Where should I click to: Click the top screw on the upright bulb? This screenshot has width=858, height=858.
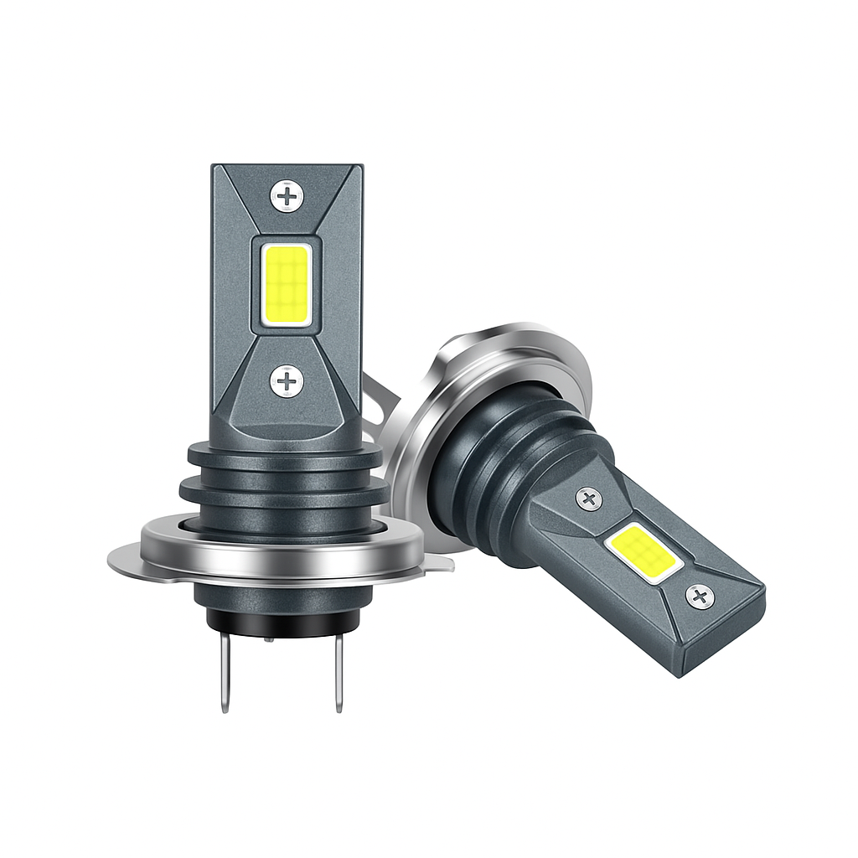click(287, 197)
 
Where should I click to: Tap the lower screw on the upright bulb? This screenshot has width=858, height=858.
click(287, 382)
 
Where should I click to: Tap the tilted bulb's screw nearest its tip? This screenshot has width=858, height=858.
click(700, 597)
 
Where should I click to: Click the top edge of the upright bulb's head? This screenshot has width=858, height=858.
click(287, 167)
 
